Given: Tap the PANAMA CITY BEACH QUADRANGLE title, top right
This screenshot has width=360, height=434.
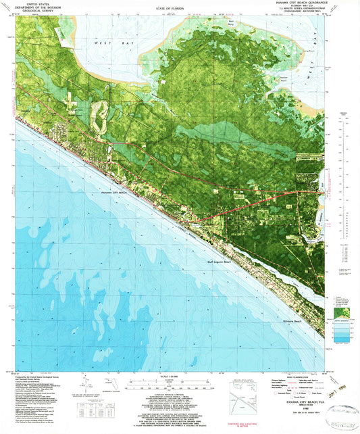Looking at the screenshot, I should click(305, 3).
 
